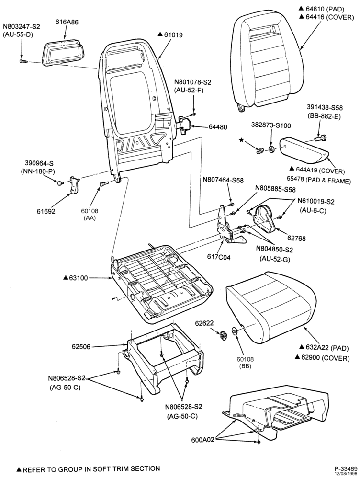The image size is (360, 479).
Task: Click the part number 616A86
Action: point(67,22)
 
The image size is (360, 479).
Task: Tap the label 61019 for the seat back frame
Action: point(173,34)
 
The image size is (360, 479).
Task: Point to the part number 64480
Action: point(218,127)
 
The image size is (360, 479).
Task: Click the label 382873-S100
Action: point(271,125)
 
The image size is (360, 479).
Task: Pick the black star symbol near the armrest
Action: point(241,140)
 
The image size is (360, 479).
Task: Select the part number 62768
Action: point(296,238)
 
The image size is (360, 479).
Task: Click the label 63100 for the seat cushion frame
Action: point(78,278)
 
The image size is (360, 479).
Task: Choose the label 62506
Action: point(81,347)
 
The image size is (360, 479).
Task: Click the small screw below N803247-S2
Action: point(23,61)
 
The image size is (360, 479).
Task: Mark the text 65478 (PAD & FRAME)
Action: point(323,181)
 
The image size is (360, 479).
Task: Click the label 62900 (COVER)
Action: point(326,358)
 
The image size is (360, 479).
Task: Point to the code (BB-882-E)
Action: point(325,117)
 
